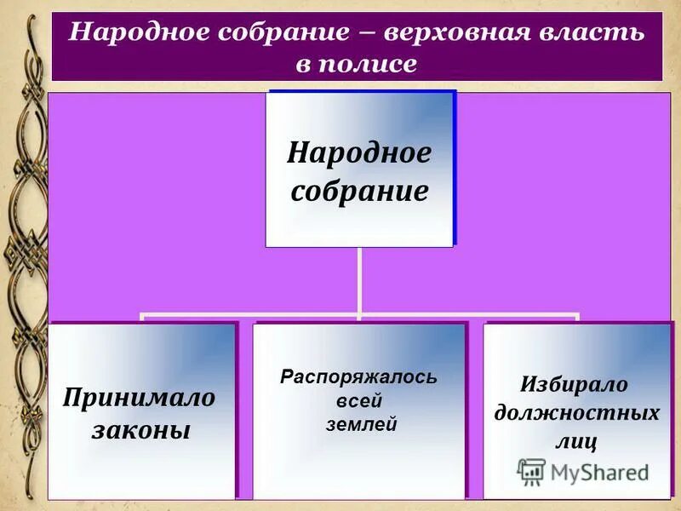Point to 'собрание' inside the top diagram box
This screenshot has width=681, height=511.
tap(359, 190)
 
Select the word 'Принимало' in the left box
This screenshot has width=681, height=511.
tap(140, 397)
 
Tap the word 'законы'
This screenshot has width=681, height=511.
tap(140, 429)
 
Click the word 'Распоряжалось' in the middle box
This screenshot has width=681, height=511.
tap(358, 376)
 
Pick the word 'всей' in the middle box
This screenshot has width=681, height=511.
tap(358, 400)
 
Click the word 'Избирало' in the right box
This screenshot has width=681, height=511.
tap(575, 384)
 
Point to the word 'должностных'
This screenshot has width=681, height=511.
tap(577, 413)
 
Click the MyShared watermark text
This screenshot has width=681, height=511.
tap(600, 472)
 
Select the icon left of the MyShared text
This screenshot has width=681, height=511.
tap(531, 472)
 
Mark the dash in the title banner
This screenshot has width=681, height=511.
tap(368, 33)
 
